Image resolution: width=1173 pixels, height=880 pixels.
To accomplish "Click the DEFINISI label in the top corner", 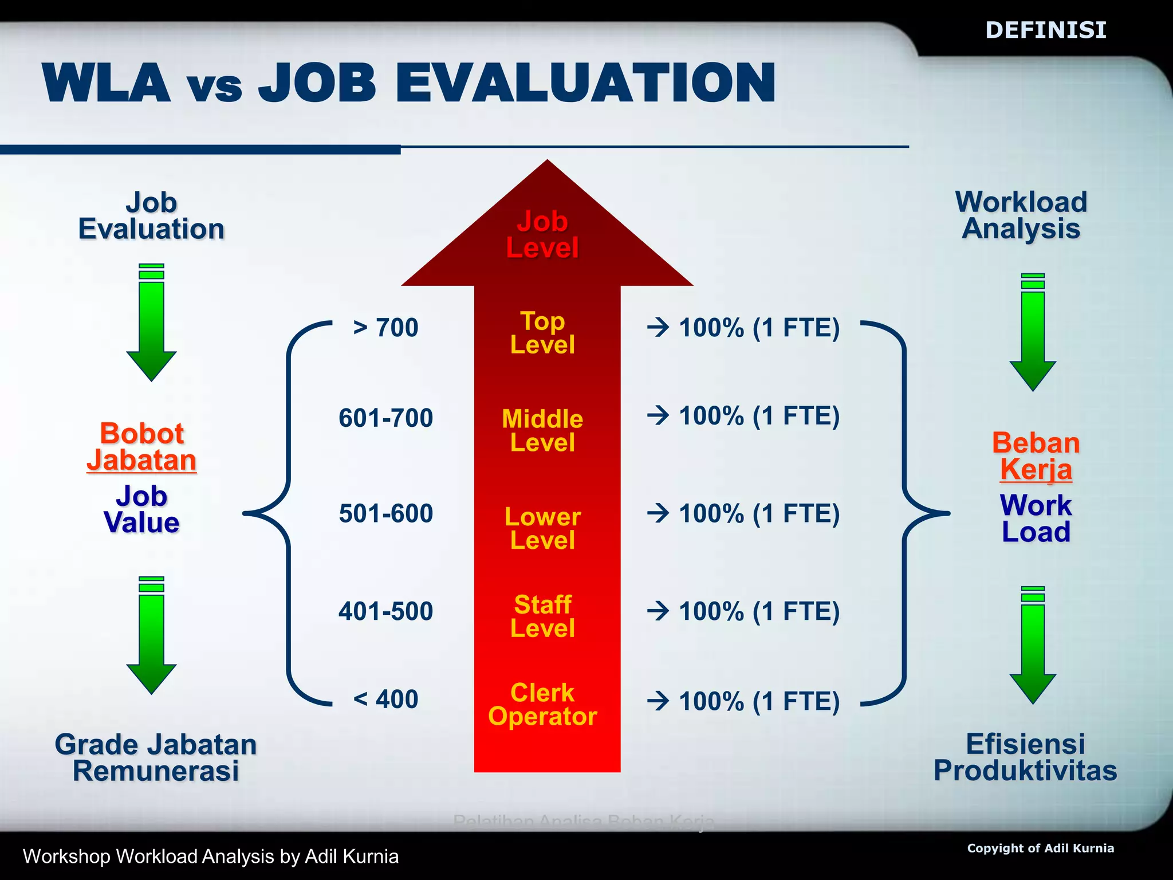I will point(1045,30).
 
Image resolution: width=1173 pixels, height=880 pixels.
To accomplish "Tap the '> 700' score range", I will point(385,328).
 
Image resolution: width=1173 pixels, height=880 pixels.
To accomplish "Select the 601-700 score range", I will point(385,418).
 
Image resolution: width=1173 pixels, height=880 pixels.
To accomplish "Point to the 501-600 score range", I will point(385,513).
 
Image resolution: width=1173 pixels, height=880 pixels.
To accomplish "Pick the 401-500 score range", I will point(385,611).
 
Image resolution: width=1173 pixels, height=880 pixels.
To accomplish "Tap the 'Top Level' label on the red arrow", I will point(542,333).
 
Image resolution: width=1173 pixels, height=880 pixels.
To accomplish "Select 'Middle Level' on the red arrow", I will point(542,430).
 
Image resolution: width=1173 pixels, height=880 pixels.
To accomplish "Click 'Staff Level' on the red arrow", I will point(542,616).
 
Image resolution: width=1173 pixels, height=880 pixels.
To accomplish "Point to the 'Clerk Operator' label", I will point(542,705).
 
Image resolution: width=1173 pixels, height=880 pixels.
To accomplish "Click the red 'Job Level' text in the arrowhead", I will point(542,234).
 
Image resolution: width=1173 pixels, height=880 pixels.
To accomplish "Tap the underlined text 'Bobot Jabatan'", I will point(141,447).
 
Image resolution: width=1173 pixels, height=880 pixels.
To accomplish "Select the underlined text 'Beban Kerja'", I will point(1036,457).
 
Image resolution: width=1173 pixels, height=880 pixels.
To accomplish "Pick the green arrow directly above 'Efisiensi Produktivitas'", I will point(1033,645).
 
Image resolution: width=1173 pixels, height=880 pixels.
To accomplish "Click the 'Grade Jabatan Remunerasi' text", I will point(155,757).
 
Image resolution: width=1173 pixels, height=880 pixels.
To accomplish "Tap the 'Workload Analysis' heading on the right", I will point(1021,215).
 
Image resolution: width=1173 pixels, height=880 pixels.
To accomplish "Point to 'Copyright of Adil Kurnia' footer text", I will point(1040,848).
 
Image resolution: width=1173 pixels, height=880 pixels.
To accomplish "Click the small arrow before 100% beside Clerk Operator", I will point(658,701).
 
